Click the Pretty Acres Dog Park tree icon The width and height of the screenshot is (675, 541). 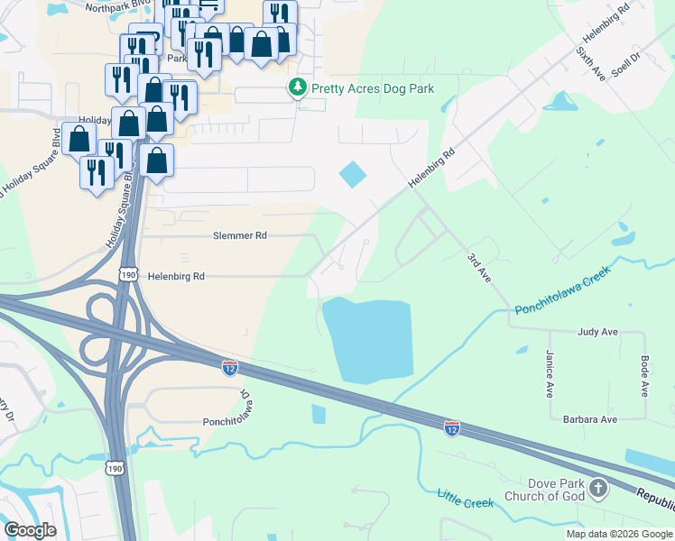[296, 88]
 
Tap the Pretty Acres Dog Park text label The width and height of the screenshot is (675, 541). [373, 88]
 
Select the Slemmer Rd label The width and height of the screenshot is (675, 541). [240, 235]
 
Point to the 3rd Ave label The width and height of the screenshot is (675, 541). [478, 268]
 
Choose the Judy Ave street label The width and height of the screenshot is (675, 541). [597, 332]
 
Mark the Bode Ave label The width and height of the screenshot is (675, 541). [645, 375]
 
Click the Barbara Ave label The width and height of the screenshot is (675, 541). [591, 419]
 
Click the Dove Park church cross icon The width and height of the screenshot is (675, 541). [597, 490]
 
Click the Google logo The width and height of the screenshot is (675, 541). [32, 529]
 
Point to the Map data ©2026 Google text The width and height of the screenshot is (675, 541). [619, 534]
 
